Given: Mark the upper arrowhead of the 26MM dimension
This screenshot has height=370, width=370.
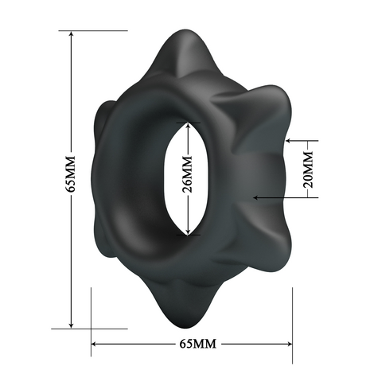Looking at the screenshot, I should [x=188, y=127].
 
